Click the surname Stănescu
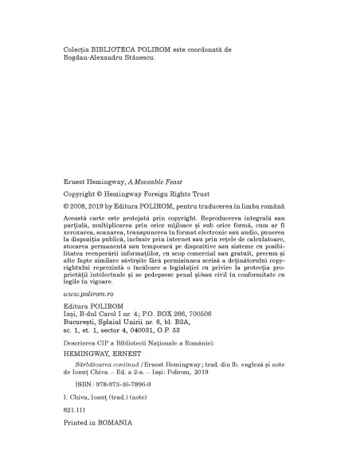pyautogui.click(x=146, y=58)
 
